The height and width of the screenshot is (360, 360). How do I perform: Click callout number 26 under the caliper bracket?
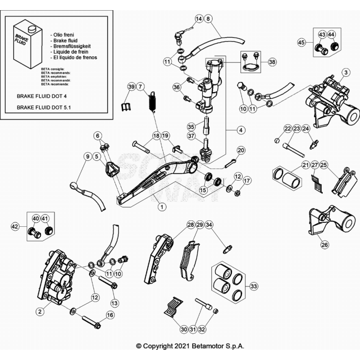point(324,245)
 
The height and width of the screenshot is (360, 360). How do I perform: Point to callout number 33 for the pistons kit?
point(253,286)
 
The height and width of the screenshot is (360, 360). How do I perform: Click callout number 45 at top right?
point(301,43)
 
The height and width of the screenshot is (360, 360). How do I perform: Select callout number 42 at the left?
point(15,226)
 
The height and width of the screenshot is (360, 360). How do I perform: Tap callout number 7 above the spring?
point(140,87)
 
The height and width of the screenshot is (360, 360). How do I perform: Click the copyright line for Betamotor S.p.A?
point(190,346)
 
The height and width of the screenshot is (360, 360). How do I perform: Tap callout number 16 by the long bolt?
point(110,315)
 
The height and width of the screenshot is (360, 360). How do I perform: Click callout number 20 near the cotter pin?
point(241,150)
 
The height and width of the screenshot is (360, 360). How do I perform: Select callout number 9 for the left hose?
point(88,157)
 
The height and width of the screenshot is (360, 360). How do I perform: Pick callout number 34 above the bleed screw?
point(209,225)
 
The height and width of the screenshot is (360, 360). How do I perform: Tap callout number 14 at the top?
point(199,18)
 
